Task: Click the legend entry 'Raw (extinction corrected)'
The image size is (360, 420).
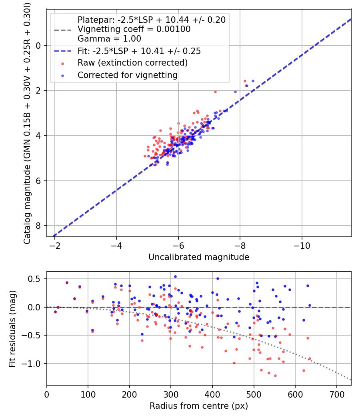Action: pyautogui.click(x=132, y=63)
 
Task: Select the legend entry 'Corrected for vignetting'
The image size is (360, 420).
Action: pyautogui.click(x=127, y=75)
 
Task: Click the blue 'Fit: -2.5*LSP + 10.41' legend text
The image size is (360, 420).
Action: pyautogui.click(x=139, y=51)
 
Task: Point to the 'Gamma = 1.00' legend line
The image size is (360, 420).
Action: pyautogui.click(x=109, y=39)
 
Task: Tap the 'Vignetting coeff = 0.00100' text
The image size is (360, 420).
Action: pyautogui.click(x=134, y=29)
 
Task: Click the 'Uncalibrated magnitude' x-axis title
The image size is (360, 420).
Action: pyautogui.click(x=199, y=257)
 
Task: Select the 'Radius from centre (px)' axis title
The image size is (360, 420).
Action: pyautogui.click(x=199, y=406)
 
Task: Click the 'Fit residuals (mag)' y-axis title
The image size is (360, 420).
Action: pyautogui.click(x=12, y=328)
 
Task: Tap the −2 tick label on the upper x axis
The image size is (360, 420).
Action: pyautogui.click(x=55, y=244)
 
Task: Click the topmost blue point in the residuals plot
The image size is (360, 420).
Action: pyautogui.click(x=175, y=276)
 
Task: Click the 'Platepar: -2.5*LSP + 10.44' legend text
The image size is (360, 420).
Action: pyautogui.click(x=152, y=20)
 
